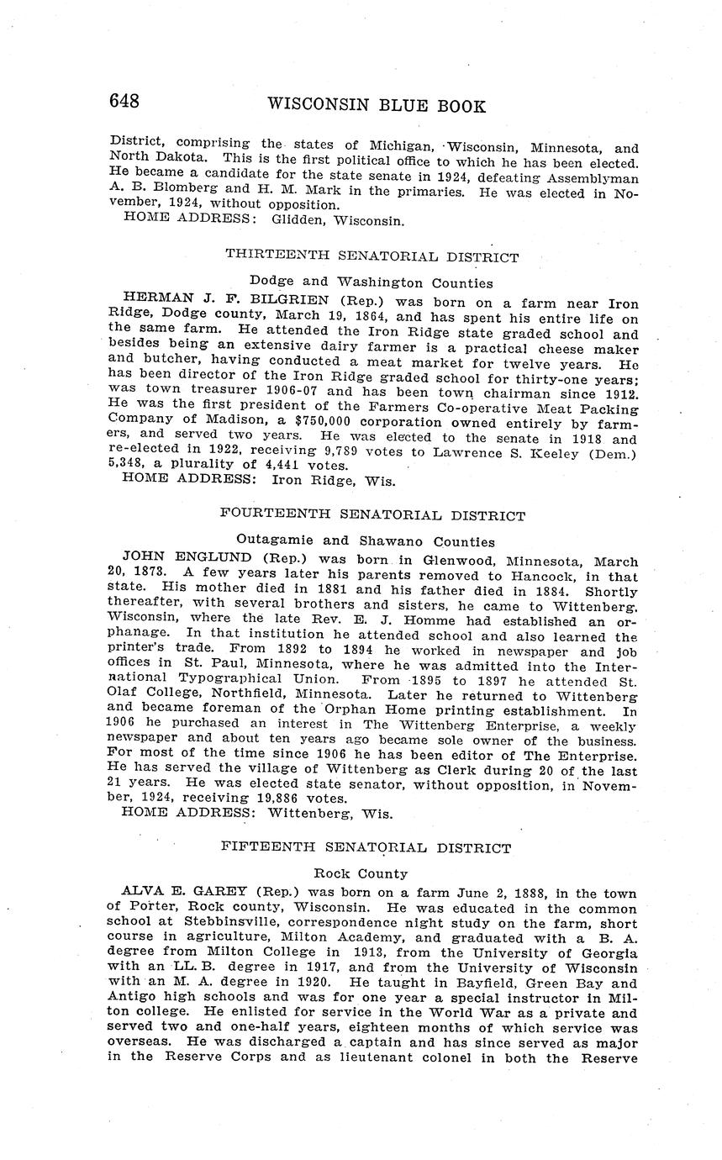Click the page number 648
click(x=124, y=103)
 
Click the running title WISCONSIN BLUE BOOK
click(x=376, y=106)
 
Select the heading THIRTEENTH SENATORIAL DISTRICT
click(x=372, y=257)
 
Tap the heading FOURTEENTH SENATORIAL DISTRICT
click(x=372, y=515)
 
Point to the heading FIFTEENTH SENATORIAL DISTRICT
click(x=366, y=847)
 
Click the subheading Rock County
click(x=361, y=873)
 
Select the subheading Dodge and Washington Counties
click(x=371, y=282)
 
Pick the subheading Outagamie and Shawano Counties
click(x=366, y=541)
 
